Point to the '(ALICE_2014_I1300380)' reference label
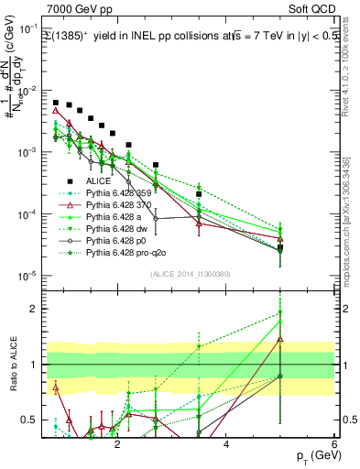(172, 274)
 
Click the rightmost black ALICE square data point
(280, 247)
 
